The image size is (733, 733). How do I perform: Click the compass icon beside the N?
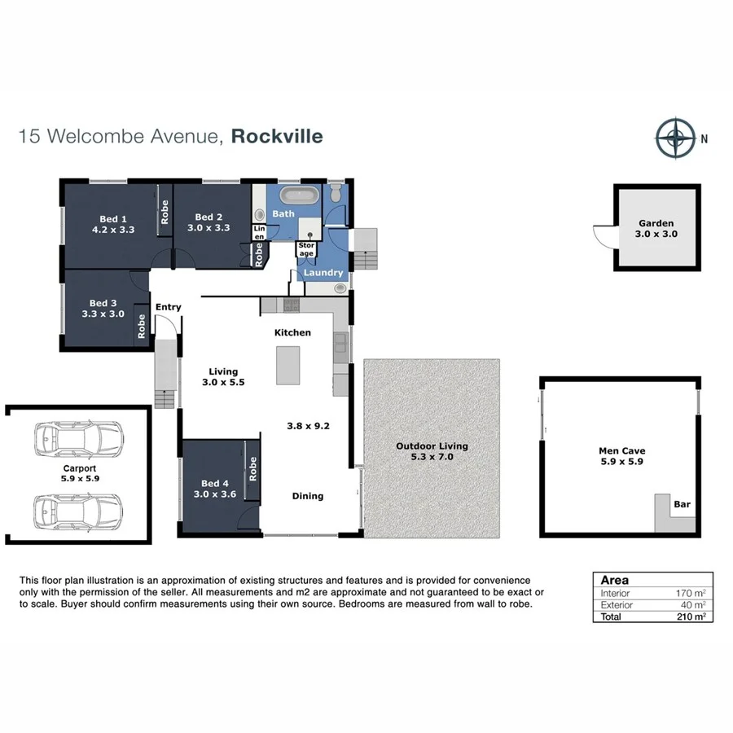pyautogui.click(x=675, y=138)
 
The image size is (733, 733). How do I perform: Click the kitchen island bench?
pyautogui.click(x=287, y=365)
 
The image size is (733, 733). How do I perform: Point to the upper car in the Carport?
pyautogui.click(x=77, y=440)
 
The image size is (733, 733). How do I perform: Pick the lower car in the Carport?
pyautogui.click(x=77, y=511)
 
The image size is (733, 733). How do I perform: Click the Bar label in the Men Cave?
pyautogui.click(x=682, y=505)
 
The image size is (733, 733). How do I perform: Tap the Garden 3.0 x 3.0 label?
pyautogui.click(x=656, y=228)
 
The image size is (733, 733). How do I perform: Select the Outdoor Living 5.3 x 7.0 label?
pyautogui.click(x=432, y=452)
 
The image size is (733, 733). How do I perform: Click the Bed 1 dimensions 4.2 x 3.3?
pyautogui.click(x=113, y=230)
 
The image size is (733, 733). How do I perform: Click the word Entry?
pyautogui.click(x=169, y=307)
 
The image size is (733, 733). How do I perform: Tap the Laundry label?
pyautogui.click(x=323, y=273)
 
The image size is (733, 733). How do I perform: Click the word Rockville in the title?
pyautogui.click(x=277, y=136)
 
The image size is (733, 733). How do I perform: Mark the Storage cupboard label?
pyautogui.click(x=306, y=249)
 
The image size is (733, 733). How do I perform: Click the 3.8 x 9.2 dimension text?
pyautogui.click(x=308, y=425)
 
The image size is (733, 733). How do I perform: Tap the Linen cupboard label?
pyautogui.click(x=260, y=233)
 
